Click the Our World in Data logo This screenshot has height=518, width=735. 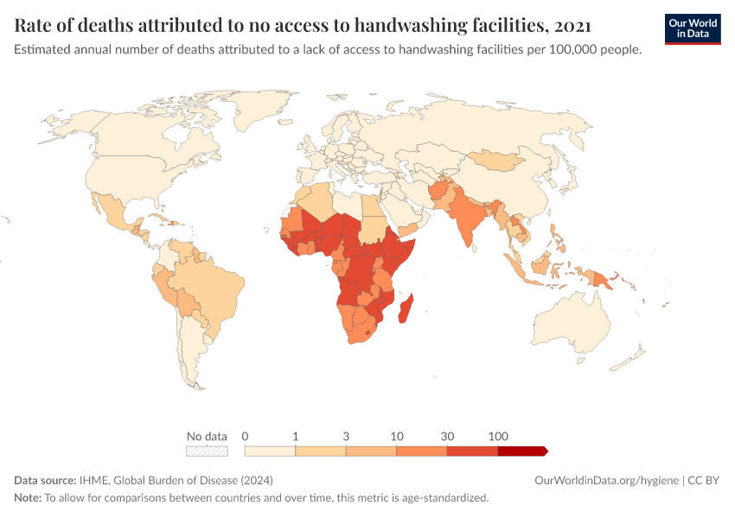[693, 28]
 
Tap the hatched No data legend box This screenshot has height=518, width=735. [207, 451]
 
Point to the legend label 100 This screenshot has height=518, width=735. [498, 436]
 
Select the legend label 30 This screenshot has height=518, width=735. [447, 436]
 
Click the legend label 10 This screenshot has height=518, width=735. [397, 436]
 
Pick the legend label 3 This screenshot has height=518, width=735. [346, 436]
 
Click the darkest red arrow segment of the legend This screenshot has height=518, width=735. [522, 451]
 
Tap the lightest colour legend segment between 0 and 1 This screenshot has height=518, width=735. [270, 451]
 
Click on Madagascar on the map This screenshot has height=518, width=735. [405, 309]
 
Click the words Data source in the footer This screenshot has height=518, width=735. [44, 480]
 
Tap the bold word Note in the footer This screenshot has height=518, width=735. [27, 498]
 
